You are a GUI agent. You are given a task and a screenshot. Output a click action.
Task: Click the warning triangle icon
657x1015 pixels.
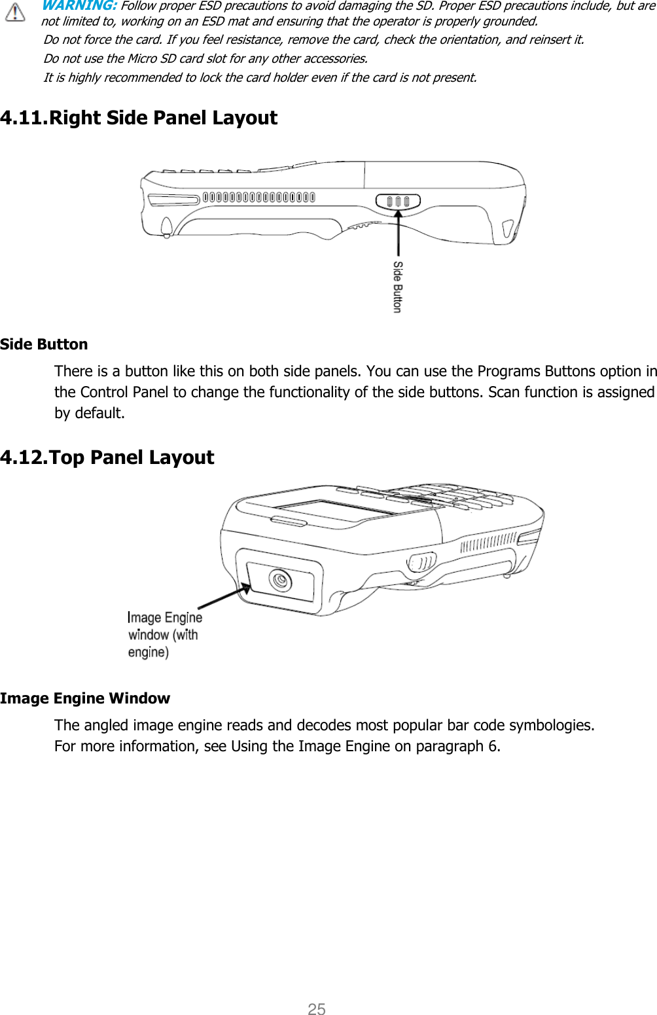[x=14, y=12]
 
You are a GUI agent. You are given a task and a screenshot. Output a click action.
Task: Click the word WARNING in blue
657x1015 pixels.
[x=79, y=6]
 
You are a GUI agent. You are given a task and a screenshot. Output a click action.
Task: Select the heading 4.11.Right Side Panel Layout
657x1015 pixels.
[x=139, y=118]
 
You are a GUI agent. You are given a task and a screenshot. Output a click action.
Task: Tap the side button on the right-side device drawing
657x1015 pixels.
[x=398, y=201]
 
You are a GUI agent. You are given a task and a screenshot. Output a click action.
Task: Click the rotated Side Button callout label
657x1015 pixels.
[x=397, y=287]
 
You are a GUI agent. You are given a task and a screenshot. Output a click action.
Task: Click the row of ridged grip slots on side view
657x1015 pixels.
[x=258, y=197]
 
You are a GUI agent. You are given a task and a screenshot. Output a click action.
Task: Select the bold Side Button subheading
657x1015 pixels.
[x=44, y=344]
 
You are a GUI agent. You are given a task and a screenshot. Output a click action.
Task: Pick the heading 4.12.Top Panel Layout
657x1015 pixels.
[x=107, y=457]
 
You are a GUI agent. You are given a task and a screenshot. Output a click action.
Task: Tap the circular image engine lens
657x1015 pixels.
[x=281, y=580]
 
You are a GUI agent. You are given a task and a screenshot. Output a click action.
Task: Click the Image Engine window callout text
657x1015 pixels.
[x=164, y=635]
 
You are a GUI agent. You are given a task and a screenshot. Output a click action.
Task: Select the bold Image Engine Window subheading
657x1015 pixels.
[x=85, y=698]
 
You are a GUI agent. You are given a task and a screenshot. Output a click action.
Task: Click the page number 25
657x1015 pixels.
[x=317, y=1008]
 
